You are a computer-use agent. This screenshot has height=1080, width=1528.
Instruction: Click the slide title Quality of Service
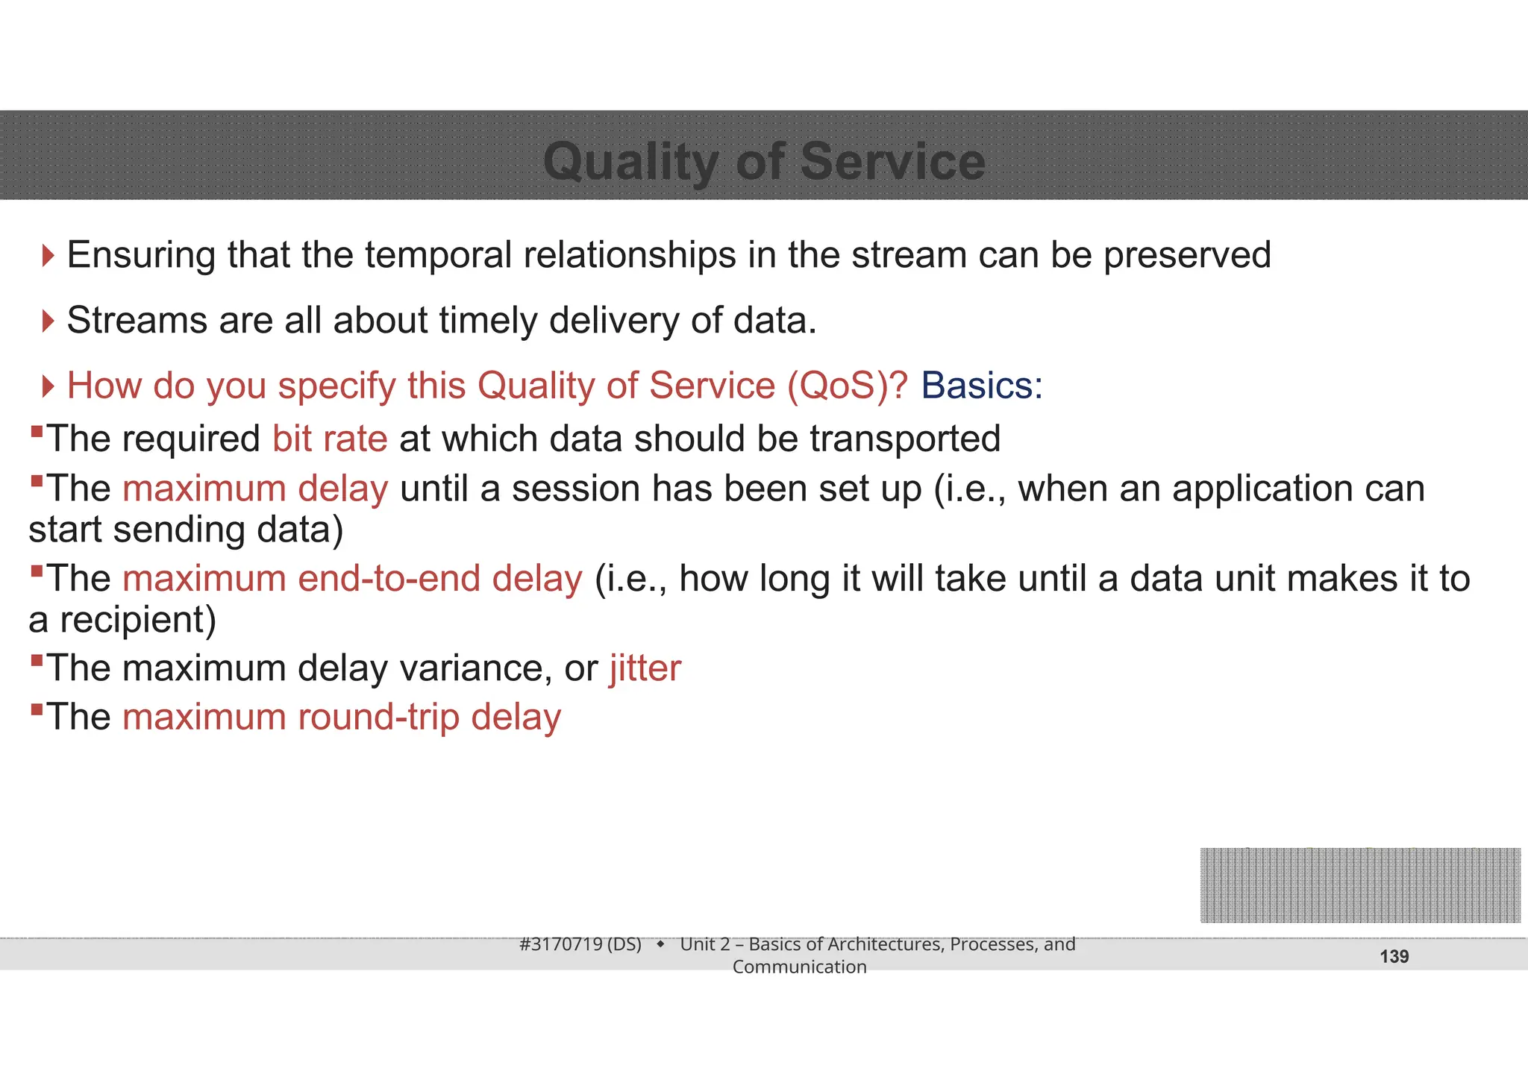click(x=764, y=161)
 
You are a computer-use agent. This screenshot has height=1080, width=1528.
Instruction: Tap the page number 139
click(x=1394, y=957)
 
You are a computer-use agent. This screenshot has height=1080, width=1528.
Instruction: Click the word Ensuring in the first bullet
click(x=141, y=255)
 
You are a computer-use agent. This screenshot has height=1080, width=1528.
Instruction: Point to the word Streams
click(x=137, y=321)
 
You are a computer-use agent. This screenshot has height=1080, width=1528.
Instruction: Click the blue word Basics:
click(x=981, y=386)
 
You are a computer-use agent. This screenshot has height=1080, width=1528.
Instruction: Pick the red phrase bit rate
click(x=330, y=439)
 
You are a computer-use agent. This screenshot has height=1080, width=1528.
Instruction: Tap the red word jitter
click(x=645, y=668)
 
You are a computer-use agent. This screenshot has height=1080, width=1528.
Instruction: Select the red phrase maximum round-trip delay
click(x=341, y=718)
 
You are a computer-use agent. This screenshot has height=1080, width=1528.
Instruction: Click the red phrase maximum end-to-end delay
click(x=351, y=579)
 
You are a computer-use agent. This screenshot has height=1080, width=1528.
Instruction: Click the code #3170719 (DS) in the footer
click(x=580, y=944)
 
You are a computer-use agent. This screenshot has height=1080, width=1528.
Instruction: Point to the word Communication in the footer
click(x=799, y=967)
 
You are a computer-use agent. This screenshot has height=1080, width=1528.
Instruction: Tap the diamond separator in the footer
click(x=660, y=945)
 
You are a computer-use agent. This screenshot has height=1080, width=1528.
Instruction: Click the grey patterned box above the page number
click(x=1359, y=885)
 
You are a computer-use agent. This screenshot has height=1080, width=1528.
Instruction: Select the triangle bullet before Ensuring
click(x=48, y=256)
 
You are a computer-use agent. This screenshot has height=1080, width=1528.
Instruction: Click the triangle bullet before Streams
click(x=48, y=321)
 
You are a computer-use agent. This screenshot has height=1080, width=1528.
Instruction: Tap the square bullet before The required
click(x=37, y=431)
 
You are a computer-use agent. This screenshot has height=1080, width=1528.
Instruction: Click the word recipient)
click(x=137, y=620)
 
